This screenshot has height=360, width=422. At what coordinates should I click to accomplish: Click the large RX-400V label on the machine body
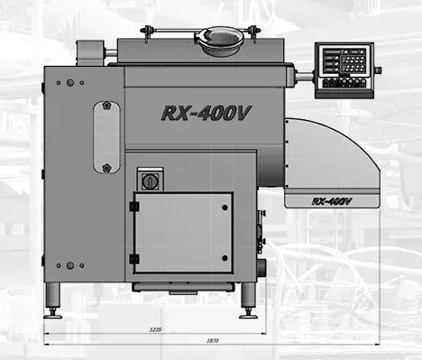pos(206,113)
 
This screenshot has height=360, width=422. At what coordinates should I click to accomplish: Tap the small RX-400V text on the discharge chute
pos(332,201)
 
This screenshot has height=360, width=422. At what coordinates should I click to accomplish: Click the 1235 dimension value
pos(155,329)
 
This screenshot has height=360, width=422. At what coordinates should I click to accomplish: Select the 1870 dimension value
pos(213,341)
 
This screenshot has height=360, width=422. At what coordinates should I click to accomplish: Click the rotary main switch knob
pos(149,181)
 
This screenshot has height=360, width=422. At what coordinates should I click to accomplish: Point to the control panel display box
pos(344,70)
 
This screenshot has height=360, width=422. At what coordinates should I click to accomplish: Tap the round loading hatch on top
pos(219,41)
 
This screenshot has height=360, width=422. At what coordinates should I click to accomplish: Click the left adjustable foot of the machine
pos(53,300)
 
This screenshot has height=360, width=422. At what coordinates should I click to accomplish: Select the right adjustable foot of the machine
pos(248,300)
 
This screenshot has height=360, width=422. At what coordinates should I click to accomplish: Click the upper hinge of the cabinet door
pos(134,207)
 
